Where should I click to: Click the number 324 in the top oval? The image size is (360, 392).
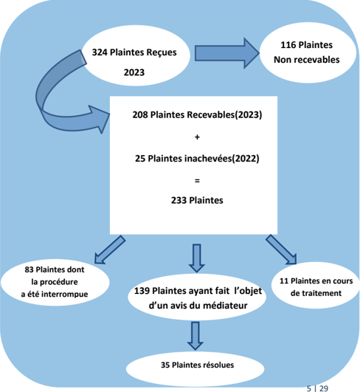click(100, 52)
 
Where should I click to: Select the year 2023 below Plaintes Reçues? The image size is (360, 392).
click(134, 72)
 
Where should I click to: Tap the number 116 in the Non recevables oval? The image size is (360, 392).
click(288, 45)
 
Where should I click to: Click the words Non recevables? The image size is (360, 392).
click(307, 60)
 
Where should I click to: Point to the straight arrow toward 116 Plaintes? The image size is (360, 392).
click(226, 53)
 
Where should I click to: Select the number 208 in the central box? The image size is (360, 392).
click(140, 114)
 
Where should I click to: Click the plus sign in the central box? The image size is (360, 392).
click(197, 137)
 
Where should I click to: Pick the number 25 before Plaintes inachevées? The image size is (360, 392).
click(140, 159)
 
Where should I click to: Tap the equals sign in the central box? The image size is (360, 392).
click(197, 181)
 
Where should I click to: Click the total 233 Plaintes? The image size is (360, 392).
click(197, 200)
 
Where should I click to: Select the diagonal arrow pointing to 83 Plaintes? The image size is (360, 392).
click(110, 250)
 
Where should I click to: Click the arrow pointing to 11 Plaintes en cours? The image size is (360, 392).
click(281, 250)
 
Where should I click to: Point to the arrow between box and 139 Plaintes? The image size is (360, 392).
click(197, 258)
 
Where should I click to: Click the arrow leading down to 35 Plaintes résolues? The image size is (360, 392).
click(195, 336)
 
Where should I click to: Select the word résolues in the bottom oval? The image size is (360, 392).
click(218, 365)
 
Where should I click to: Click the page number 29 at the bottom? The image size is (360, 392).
click(324, 388)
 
